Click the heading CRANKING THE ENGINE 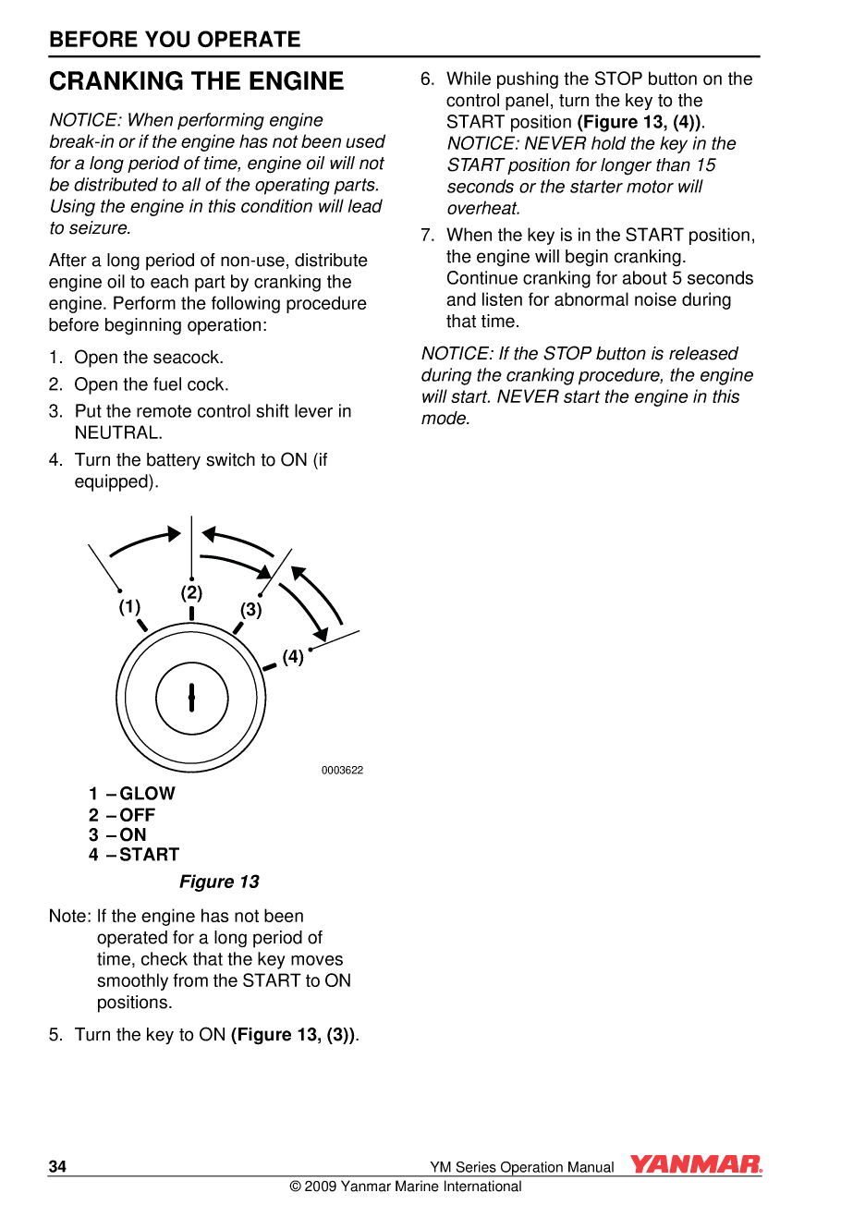(196, 81)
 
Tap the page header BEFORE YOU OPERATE (175, 39)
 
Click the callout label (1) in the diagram (129, 607)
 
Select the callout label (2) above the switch (191, 592)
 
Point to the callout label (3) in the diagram (251, 610)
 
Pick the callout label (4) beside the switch (293, 657)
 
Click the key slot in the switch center (191, 698)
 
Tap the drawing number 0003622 (342, 770)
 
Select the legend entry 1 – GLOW (132, 794)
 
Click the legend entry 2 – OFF (122, 815)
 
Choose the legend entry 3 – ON (118, 834)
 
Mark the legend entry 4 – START (134, 855)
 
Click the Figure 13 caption (219, 882)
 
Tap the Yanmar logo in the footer (696, 1164)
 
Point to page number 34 (57, 1166)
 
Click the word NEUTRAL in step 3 (117, 432)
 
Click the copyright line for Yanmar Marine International (406, 1186)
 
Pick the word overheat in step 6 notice (483, 208)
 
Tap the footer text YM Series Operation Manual (521, 1167)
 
